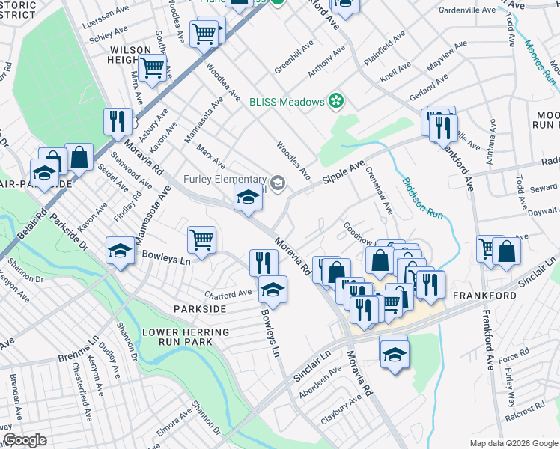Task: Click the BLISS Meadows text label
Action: [287, 102]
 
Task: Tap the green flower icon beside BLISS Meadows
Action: [336, 101]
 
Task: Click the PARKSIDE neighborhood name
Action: [200, 308]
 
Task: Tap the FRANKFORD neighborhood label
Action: [484, 296]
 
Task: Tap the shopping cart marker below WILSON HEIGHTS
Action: [153, 67]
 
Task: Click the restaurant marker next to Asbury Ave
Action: [118, 121]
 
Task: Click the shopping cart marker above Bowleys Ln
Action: [201, 240]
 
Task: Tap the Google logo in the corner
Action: [25, 440]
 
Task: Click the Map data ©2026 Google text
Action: [513, 443]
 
